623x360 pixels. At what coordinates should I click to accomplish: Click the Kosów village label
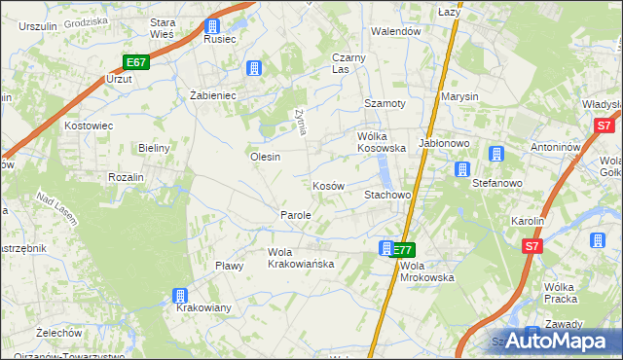coord(328,185)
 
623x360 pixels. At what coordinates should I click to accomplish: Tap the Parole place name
coord(296,214)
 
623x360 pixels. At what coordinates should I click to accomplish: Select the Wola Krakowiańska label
coord(301,257)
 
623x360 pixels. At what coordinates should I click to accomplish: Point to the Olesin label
coord(266,157)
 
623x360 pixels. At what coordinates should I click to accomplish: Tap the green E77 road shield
coord(404,249)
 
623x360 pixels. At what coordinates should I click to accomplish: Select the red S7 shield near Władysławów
coord(604,125)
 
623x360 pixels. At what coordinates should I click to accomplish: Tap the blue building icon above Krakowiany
coord(180,295)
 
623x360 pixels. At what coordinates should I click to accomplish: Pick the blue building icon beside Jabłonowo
coord(495,154)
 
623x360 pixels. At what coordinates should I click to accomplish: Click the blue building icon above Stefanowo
coord(461,169)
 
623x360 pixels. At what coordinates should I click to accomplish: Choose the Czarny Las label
coord(348,63)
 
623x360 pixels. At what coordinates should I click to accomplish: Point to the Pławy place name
coord(229,266)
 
